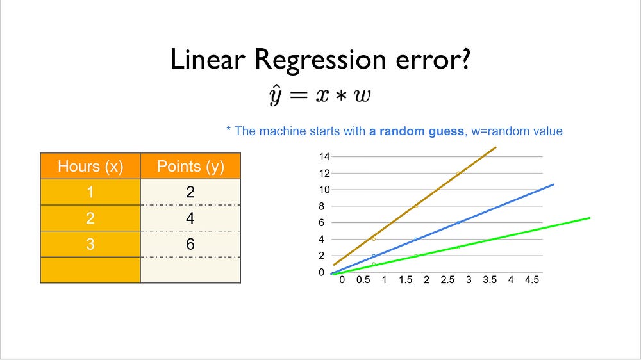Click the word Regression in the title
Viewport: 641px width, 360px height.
tap(320, 60)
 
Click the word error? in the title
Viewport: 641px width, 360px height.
tap(433, 60)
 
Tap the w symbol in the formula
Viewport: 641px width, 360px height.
tap(362, 95)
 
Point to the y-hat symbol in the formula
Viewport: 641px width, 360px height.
tap(275, 95)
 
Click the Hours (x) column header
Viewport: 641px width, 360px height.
tap(90, 166)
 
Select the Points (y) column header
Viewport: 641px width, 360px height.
tap(190, 166)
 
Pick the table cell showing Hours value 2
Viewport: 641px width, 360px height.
tap(90, 218)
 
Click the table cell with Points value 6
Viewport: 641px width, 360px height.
tap(190, 244)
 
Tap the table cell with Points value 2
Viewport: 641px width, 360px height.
tap(190, 192)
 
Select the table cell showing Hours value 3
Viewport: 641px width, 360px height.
tap(90, 244)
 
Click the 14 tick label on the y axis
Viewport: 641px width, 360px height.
tap(324, 156)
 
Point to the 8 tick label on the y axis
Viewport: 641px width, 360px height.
tap(322, 206)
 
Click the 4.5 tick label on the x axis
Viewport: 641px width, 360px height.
tap(532, 280)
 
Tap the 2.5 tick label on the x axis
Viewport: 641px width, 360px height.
tap(447, 280)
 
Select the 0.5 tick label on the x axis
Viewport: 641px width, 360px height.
tap(363, 280)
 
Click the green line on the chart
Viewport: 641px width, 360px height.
tap(462, 246)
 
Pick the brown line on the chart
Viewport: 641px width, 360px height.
tap(415, 206)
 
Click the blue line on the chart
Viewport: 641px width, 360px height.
tap(442, 229)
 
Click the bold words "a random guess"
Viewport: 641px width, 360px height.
tap(417, 131)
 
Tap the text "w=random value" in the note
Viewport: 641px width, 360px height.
tap(517, 131)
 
